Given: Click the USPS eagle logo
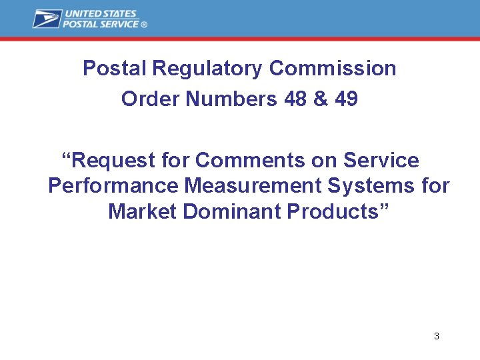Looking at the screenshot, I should [47, 19].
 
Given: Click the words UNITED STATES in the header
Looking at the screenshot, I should [100, 14].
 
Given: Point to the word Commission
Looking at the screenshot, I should [333, 69].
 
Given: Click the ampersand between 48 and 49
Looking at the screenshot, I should [321, 99].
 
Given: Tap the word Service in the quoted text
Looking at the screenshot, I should [381, 161].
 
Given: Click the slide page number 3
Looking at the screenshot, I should [437, 336].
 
